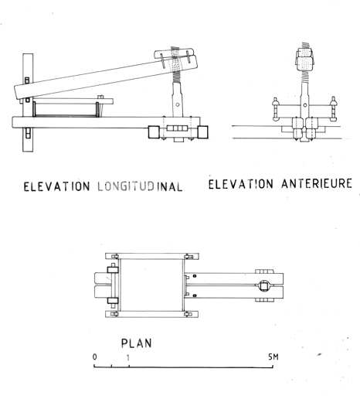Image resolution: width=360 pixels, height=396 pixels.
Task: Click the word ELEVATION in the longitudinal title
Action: click(56, 186)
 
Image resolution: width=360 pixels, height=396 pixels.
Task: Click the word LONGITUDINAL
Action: click(140, 186)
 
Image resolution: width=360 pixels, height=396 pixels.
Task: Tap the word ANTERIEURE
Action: click(317, 183)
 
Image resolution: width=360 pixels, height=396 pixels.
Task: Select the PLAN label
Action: click(137, 343)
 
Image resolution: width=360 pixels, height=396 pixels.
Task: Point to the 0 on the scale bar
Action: click(95, 357)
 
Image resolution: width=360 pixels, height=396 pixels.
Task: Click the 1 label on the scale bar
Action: click(128, 357)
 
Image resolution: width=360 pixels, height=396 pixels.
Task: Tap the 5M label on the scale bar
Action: click(273, 357)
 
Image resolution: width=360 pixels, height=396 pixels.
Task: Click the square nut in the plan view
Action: click(264, 286)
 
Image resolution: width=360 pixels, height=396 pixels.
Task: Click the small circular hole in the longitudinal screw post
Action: click(178, 104)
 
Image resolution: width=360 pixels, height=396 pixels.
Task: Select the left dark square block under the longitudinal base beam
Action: click(154, 132)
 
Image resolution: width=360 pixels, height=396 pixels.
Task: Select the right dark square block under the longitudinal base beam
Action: click(202, 132)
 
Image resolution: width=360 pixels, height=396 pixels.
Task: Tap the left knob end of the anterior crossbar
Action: click(275, 109)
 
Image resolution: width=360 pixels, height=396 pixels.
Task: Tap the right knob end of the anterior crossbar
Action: click(334, 109)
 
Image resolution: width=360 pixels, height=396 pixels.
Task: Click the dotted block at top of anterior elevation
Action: click(305, 60)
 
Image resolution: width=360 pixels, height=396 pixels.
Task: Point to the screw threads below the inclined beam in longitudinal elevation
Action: click(177, 77)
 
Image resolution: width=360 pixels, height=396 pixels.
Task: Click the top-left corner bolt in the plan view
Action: click(114, 257)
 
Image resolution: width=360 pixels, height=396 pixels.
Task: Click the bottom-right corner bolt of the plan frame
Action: click(188, 314)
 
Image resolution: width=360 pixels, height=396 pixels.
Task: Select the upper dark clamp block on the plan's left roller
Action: click(113, 270)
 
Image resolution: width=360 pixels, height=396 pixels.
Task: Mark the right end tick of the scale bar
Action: click(273, 366)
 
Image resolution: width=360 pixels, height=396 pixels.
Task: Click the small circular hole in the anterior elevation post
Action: click(305, 105)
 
